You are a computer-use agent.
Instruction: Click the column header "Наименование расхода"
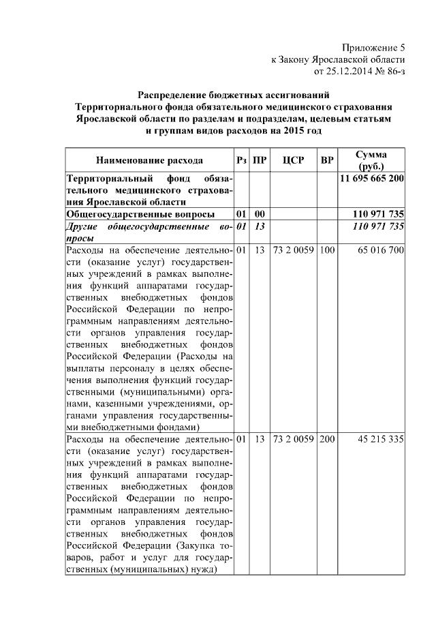pyautogui.click(x=149, y=161)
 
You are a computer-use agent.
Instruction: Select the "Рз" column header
pyautogui.click(x=241, y=161)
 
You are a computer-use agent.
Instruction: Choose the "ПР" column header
pyautogui.click(x=259, y=161)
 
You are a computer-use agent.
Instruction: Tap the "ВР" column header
pyautogui.click(x=327, y=161)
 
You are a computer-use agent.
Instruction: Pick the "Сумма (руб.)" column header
pyautogui.click(x=371, y=161)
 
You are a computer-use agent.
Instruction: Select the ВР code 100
pyautogui.click(x=327, y=250)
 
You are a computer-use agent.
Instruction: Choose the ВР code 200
pyautogui.click(x=327, y=439)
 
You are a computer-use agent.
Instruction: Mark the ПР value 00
pyautogui.click(x=259, y=214)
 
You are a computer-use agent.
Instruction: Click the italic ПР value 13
pyautogui.click(x=259, y=226)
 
